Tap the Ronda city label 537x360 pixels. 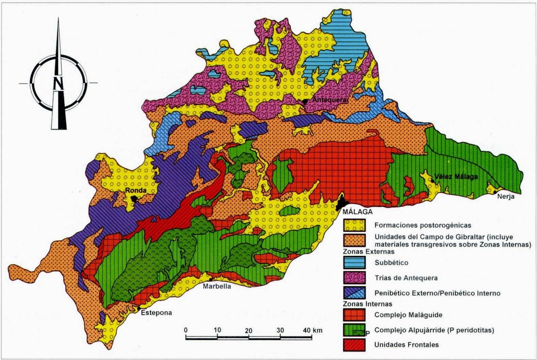click(x=133, y=190)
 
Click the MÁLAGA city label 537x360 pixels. click(x=358, y=211)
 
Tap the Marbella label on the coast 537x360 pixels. click(x=217, y=286)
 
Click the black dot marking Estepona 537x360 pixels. click(x=140, y=309)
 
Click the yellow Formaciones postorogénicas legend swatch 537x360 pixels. click(x=354, y=224)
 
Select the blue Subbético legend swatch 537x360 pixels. click(x=354, y=263)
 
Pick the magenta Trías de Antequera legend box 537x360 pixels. click(x=354, y=278)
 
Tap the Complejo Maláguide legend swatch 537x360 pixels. click(x=354, y=315)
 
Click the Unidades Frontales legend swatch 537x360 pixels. click(x=354, y=344)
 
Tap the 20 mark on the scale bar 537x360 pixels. click(x=248, y=330)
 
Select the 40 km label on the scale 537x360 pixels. click(x=313, y=330)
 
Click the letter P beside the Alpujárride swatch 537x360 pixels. click(x=367, y=332)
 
